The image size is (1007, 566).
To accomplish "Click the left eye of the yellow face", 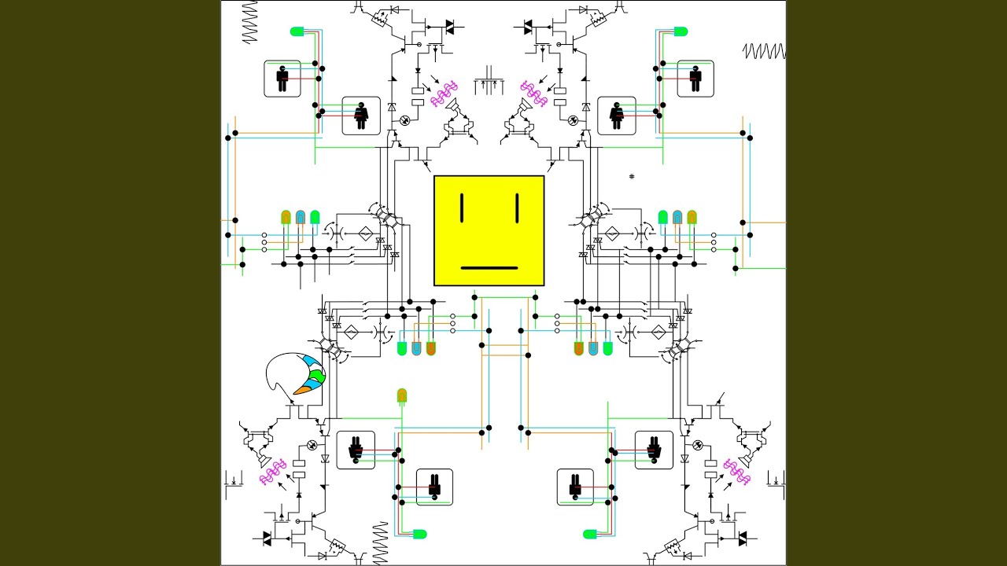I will tap(463, 208).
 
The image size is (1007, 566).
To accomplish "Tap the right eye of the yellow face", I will tap(517, 208).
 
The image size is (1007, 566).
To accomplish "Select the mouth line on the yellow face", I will tap(489, 268).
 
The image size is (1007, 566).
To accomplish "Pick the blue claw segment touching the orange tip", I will tap(312, 383).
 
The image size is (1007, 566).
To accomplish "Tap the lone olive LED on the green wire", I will tap(402, 395).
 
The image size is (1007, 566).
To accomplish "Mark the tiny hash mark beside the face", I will tap(632, 177).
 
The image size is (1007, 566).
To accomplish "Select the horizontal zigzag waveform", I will tap(764, 52).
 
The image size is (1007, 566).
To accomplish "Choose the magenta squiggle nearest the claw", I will tap(273, 473).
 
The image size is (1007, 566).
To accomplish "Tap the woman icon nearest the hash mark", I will tap(617, 115).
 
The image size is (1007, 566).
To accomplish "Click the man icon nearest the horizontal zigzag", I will tap(695, 78).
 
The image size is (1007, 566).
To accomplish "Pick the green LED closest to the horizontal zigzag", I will tap(681, 31).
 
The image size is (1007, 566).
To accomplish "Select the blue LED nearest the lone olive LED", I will tap(416, 348).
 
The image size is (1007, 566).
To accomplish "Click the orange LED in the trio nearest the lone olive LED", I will tap(430, 348).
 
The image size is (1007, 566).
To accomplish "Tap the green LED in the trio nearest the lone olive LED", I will tap(402, 348).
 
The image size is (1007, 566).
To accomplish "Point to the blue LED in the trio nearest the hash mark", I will tap(677, 216).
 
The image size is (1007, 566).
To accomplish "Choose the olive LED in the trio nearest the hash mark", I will tap(692, 216).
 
